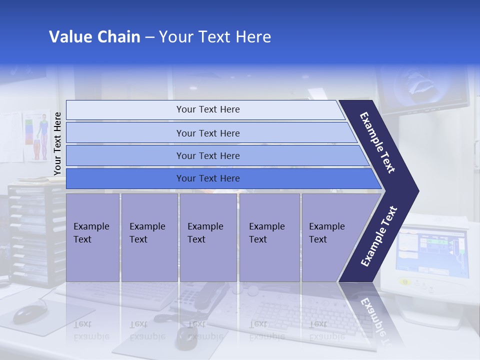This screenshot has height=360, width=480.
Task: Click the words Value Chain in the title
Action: pos(94,37)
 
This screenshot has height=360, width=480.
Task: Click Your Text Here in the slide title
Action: pos(215,37)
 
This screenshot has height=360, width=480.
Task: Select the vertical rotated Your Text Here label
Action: pos(57,143)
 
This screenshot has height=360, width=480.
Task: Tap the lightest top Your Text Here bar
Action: pos(207,109)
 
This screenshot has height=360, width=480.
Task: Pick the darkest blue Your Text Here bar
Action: pos(207,178)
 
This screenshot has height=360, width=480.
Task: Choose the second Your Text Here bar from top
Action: pos(207,133)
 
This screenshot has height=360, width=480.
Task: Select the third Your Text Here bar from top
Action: pos(207,155)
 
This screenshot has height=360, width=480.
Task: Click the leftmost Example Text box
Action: pos(92,237)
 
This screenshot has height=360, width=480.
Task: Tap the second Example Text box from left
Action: pos(149,237)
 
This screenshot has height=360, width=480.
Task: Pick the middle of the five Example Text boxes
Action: pos(208,237)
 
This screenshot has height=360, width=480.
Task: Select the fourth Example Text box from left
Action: pos(269,237)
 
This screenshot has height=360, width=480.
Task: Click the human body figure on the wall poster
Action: pos(42,135)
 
